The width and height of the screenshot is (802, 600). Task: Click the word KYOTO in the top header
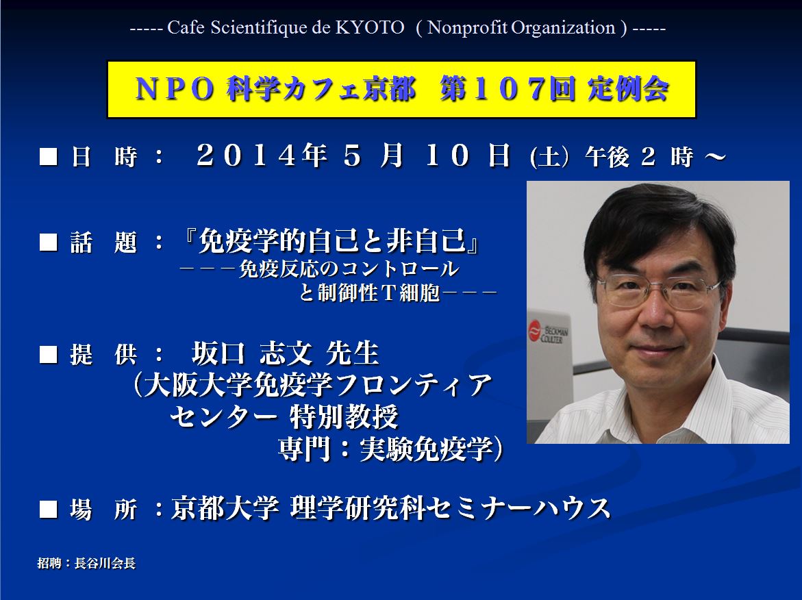pos(370,27)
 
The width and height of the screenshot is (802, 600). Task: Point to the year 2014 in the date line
pos(245,155)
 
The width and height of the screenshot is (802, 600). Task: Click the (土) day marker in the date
pos(549,157)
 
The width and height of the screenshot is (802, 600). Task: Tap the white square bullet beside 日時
pos(48,157)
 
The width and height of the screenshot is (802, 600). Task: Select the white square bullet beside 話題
pos(48,242)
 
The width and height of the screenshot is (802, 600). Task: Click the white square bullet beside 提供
pos(48,355)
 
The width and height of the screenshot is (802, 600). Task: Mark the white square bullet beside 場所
pos(48,510)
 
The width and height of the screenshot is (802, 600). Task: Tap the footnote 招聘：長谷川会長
pos(86,563)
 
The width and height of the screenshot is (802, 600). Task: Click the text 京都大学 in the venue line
pos(225,508)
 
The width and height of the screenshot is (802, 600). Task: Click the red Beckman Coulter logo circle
pos(535,329)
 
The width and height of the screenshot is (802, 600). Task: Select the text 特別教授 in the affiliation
pos(344,417)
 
